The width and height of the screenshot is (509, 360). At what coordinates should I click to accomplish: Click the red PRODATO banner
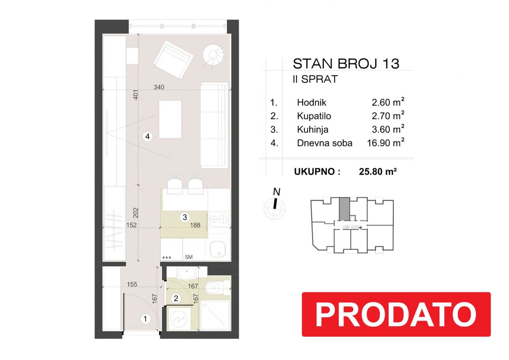[396, 314]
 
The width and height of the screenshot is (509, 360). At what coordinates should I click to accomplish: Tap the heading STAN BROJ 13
[346, 64]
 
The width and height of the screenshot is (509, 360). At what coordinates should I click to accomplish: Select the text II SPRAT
[315, 79]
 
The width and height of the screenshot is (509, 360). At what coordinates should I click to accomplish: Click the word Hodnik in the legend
[312, 103]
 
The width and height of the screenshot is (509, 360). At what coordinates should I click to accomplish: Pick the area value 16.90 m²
[386, 143]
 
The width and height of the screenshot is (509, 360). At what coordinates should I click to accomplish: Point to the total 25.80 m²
[378, 171]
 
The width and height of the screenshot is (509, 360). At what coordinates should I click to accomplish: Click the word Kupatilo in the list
[314, 116]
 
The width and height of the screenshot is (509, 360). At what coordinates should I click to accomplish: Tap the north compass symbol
[275, 204]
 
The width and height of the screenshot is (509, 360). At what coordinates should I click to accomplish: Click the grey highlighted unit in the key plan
[344, 208]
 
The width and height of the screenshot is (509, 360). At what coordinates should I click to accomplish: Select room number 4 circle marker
[147, 136]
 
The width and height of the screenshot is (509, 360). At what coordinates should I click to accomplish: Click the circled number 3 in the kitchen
[185, 217]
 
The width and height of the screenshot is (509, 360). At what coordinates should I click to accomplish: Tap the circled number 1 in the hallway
[145, 319]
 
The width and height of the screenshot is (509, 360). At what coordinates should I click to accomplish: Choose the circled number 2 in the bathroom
[176, 298]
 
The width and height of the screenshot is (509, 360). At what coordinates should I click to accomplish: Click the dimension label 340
[159, 87]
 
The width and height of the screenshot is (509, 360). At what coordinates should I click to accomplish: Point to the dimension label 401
[136, 94]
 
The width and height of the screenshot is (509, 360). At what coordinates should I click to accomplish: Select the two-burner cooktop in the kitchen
[219, 220]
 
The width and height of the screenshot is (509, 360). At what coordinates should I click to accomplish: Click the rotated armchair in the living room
[174, 59]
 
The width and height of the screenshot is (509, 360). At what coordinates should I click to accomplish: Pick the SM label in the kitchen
[188, 257]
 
